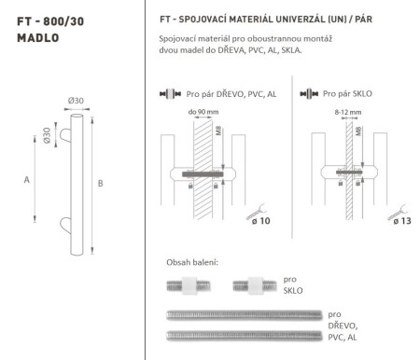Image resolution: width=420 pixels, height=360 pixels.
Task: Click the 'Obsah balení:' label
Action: [x=191, y=262]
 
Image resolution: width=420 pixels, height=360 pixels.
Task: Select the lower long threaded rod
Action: [x=243, y=334]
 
